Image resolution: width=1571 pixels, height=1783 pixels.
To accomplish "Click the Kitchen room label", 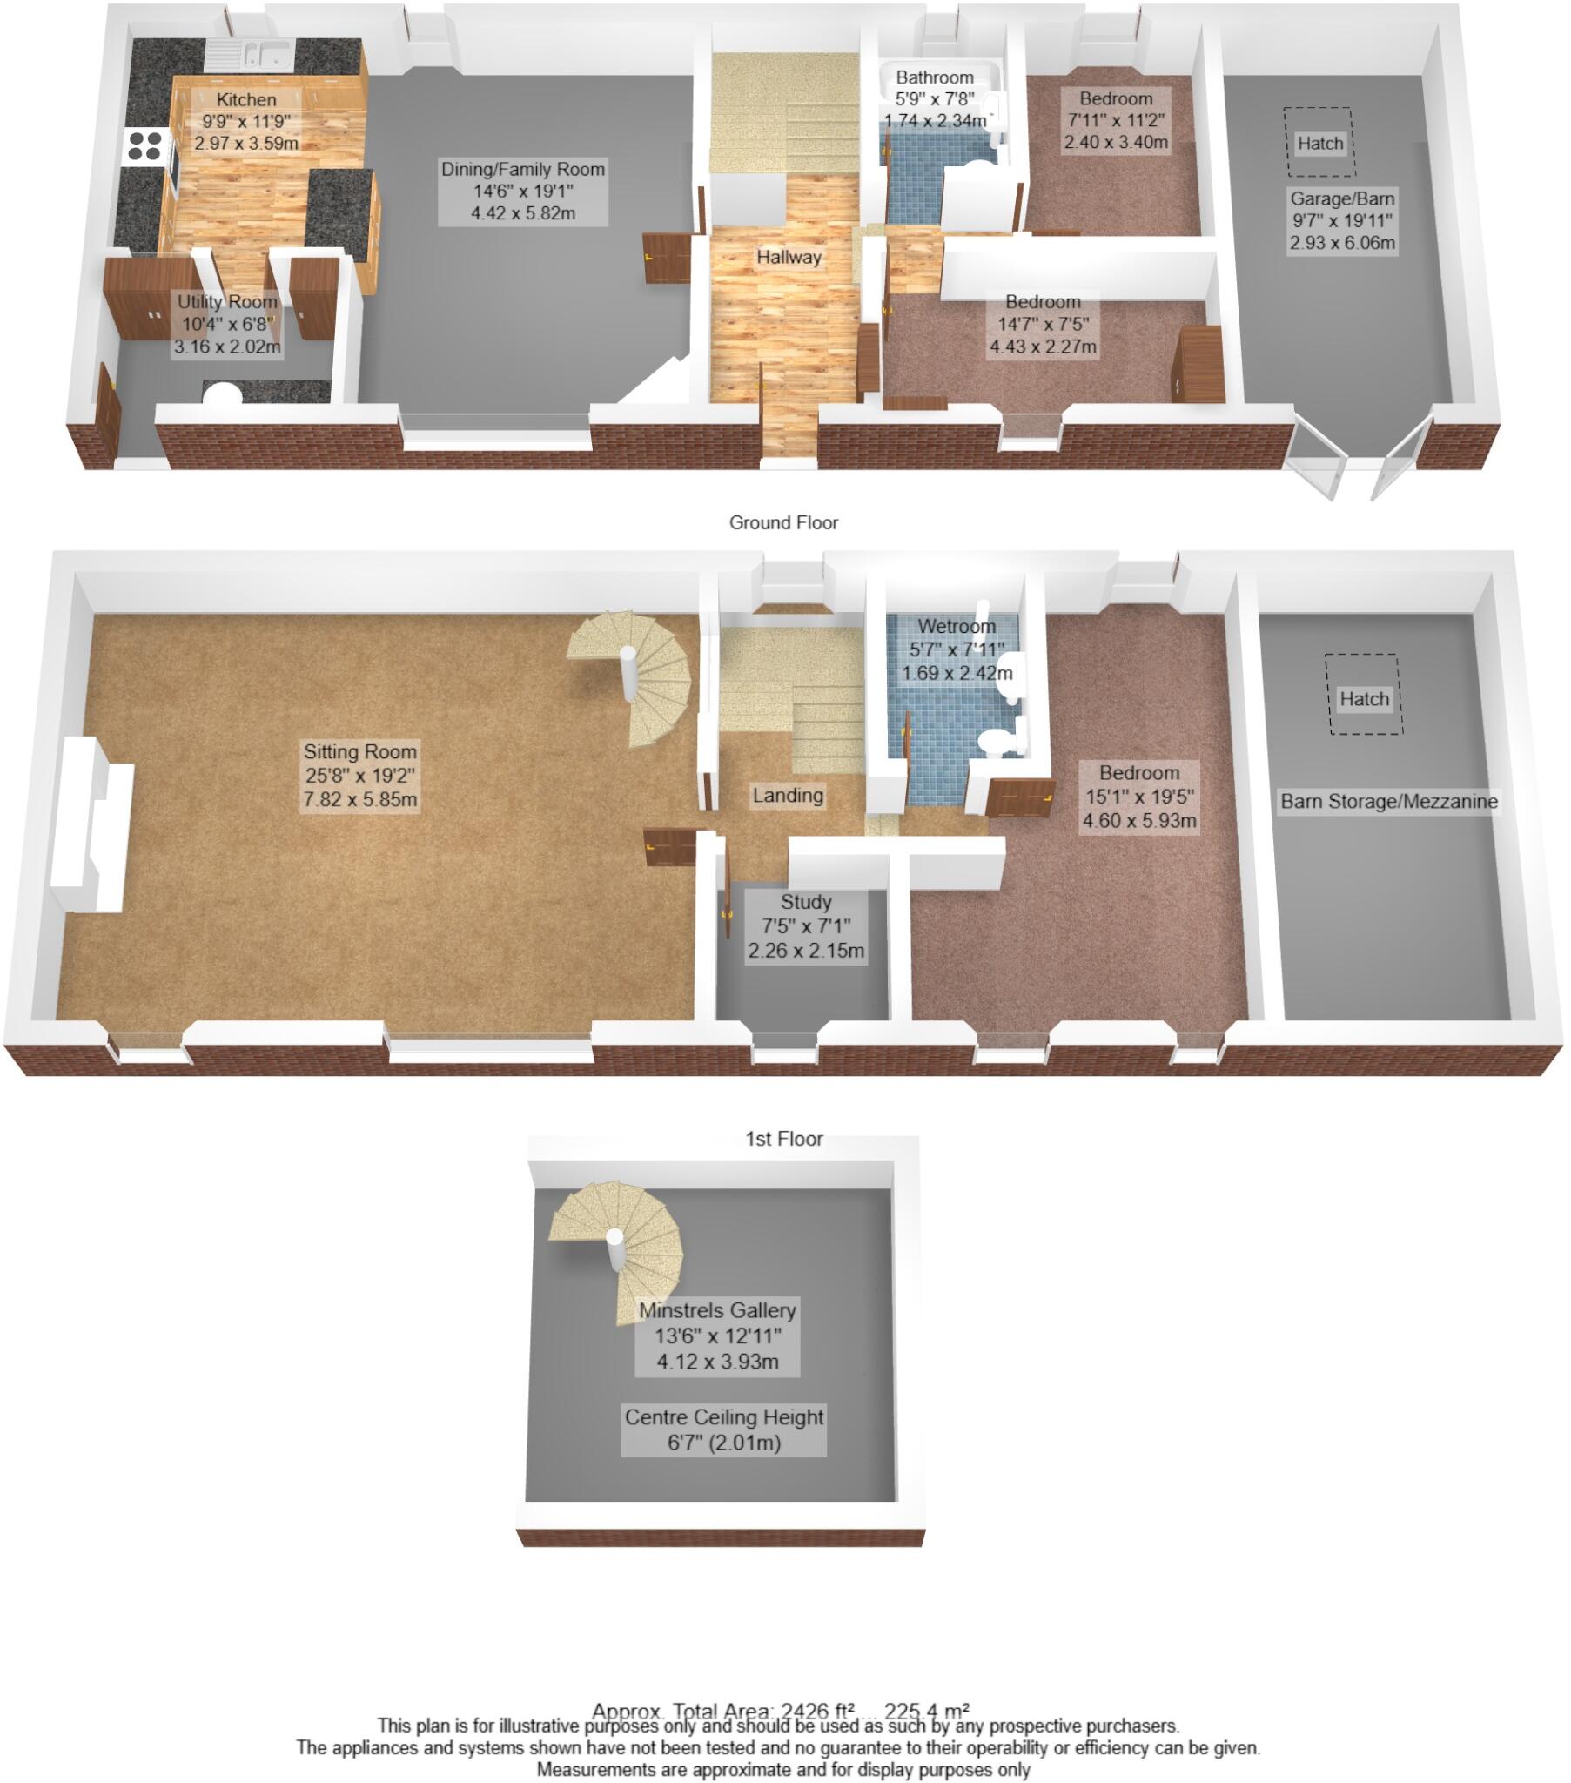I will pyautogui.click(x=246, y=121).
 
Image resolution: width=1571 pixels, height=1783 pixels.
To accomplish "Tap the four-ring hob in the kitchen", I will pyautogui.click(x=144, y=145).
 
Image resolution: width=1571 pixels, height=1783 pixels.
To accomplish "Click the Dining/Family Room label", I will pyautogui.click(x=522, y=191).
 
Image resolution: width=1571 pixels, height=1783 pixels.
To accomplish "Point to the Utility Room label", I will pyautogui.click(x=227, y=324).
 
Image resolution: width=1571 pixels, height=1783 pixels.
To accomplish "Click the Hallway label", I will pyautogui.click(x=789, y=258).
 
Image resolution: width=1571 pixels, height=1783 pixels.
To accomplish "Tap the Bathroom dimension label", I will pyautogui.click(x=934, y=98).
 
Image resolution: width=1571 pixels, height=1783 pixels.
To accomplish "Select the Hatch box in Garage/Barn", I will pyautogui.click(x=1319, y=142).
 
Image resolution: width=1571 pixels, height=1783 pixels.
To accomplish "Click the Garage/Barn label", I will pyautogui.click(x=1341, y=220).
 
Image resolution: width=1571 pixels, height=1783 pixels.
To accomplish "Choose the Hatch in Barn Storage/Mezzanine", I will pyautogui.click(x=1363, y=698).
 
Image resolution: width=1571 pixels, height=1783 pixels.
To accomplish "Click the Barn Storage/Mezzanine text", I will pyautogui.click(x=1389, y=801).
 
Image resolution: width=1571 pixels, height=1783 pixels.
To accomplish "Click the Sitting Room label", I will pyautogui.click(x=359, y=775).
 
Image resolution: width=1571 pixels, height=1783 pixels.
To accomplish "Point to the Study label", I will pyautogui.click(x=805, y=925).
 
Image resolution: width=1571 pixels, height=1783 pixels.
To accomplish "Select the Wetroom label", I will pyautogui.click(x=956, y=649).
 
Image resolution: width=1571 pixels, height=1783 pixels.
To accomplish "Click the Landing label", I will pyautogui.click(x=788, y=795).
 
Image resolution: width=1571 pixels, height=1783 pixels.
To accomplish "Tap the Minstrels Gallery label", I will pyautogui.click(x=717, y=1336).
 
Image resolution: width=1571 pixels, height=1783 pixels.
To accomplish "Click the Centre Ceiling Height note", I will pyautogui.click(x=723, y=1429).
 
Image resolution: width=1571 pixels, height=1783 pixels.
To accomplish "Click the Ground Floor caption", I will pyautogui.click(x=783, y=522).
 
